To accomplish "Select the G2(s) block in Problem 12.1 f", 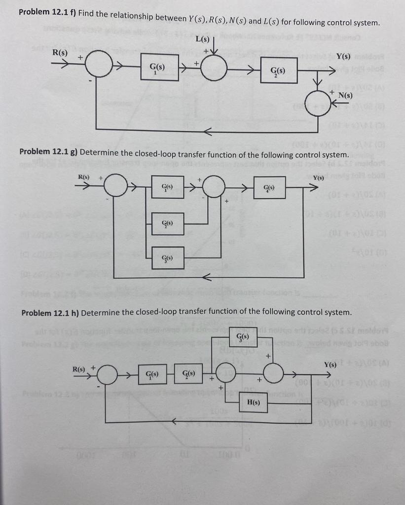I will (x=278, y=71).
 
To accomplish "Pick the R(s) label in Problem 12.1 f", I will (x=60, y=52).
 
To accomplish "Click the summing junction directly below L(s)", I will (x=213, y=67).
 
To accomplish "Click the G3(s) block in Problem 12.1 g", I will (x=168, y=257).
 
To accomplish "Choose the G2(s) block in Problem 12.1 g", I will (x=168, y=223).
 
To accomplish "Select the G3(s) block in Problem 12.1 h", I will (x=239, y=339).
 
